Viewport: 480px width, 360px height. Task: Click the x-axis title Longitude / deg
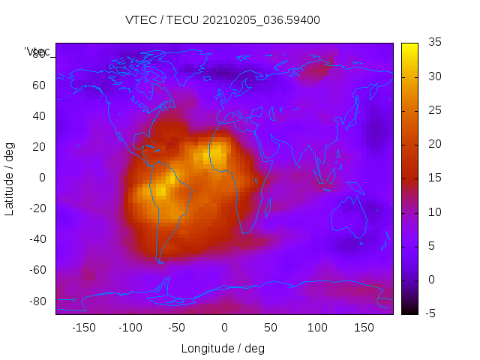coord(223,348)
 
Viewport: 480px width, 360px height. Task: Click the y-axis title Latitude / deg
coord(10,178)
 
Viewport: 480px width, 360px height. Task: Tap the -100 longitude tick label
coord(130,328)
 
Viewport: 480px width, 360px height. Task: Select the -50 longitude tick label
coord(177,328)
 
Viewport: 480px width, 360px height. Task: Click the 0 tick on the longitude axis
coord(223,328)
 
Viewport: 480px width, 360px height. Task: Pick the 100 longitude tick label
coord(317,328)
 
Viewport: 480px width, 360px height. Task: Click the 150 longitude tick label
coord(364,328)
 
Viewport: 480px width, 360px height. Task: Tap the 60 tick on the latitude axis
coord(39,85)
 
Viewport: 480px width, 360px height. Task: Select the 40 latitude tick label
coord(39,115)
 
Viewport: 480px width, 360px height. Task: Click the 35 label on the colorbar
coord(433,43)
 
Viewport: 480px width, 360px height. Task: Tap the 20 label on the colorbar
coord(433,144)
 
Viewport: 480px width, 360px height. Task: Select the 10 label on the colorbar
coord(433,212)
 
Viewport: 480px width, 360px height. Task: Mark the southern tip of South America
coord(159,260)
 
